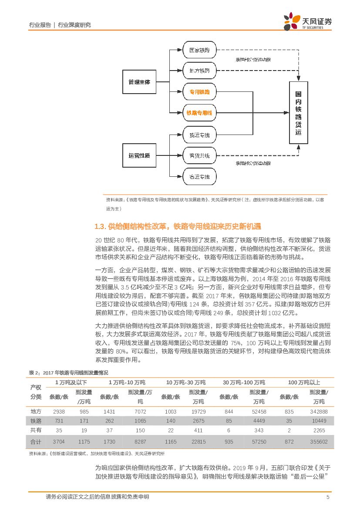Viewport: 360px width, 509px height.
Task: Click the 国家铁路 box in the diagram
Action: pyautogui.click(x=199, y=51)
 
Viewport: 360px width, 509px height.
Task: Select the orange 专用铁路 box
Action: pyautogui.click(x=199, y=92)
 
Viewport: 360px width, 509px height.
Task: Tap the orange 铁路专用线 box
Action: pyautogui.click(x=199, y=113)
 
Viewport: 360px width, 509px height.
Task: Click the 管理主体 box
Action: pyautogui.click(x=139, y=82)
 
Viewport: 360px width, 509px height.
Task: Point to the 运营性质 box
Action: pyautogui.click(x=139, y=155)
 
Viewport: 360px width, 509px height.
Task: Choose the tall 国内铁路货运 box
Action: pyautogui.click(x=298, y=112)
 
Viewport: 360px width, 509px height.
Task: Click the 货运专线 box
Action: pyautogui.click(x=199, y=135)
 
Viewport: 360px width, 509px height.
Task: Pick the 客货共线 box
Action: pyautogui.click(x=199, y=155)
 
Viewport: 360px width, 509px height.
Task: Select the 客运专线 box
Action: pyautogui.click(x=199, y=176)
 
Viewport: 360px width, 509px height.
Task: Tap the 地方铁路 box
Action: pyautogui.click(x=199, y=70)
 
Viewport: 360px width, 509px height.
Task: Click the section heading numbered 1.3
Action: pyautogui.click(x=178, y=226)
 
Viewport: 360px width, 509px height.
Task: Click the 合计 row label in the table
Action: pyautogui.click(x=36, y=442)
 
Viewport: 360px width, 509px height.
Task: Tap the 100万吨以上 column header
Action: pyautogui.click(x=304, y=382)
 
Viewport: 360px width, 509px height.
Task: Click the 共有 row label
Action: pyautogui.click(x=36, y=430)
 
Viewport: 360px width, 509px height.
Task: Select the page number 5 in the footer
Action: pyautogui.click(x=327, y=497)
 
